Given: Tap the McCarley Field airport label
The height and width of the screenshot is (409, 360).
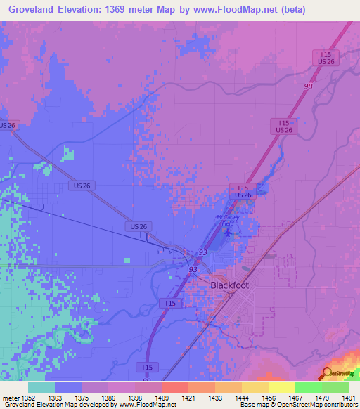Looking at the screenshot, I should pos(226,219).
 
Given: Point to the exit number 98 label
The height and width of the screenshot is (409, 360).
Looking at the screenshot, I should pos(307,86).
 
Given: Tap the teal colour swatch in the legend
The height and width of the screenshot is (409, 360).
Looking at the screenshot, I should pos(41,387).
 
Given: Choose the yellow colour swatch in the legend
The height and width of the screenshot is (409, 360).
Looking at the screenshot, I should pos(282,387).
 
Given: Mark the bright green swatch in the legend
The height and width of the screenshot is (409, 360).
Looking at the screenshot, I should pos(309,387).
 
